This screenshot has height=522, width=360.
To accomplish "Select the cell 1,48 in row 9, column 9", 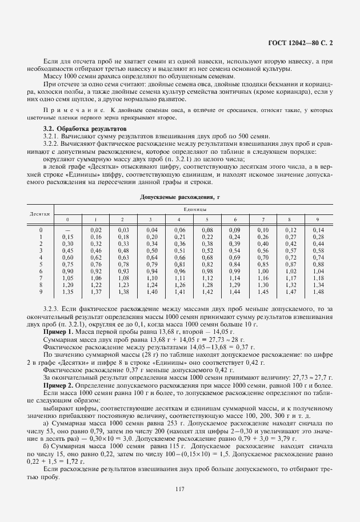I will [x=319, y=292].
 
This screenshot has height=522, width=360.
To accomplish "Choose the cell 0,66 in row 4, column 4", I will [x=179, y=257].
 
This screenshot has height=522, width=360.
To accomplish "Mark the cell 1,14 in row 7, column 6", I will [x=234, y=278].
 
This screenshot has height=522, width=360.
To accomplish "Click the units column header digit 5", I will [x=207, y=220].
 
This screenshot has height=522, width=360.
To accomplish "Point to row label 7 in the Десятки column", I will [x=41, y=278].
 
